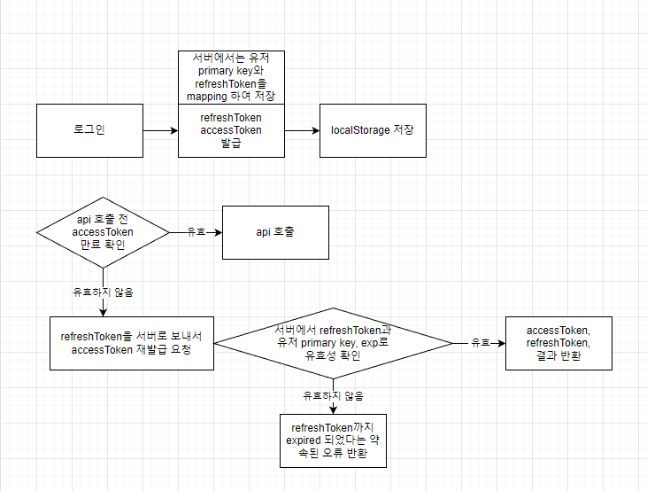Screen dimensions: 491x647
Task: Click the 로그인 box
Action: tap(89, 130)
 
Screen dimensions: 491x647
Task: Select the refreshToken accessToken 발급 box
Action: tap(231, 130)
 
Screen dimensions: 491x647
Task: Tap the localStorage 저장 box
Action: tap(373, 130)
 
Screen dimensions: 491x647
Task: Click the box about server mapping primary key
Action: tap(231, 77)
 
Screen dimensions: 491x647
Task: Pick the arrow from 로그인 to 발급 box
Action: tap(160, 130)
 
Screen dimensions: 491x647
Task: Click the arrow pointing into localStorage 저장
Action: tap(302, 130)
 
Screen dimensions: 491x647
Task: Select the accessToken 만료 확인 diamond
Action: tap(103, 232)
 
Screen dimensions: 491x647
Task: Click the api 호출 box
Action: tap(275, 232)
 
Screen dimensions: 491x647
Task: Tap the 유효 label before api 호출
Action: tap(196, 232)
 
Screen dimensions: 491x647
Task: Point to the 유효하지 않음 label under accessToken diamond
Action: tap(104, 292)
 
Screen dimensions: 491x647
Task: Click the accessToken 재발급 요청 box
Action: tap(132, 343)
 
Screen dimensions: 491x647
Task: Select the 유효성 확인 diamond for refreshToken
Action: tap(333, 343)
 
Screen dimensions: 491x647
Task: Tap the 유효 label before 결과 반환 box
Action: tap(480, 343)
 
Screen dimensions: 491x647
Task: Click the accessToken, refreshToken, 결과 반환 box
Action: tap(558, 343)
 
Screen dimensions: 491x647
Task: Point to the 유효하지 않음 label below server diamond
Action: tap(333, 396)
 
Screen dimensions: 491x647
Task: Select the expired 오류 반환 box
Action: tap(333, 440)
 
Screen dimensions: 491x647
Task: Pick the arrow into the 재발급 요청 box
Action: tap(104, 307)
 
